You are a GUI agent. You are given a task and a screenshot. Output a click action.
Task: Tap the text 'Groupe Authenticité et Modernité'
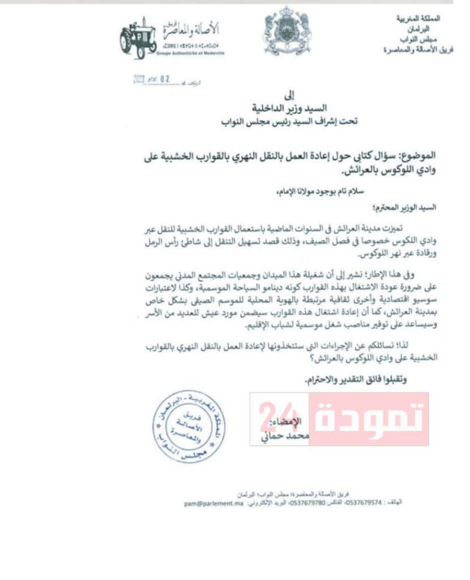193,52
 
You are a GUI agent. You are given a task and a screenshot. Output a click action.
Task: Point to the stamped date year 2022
139,81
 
